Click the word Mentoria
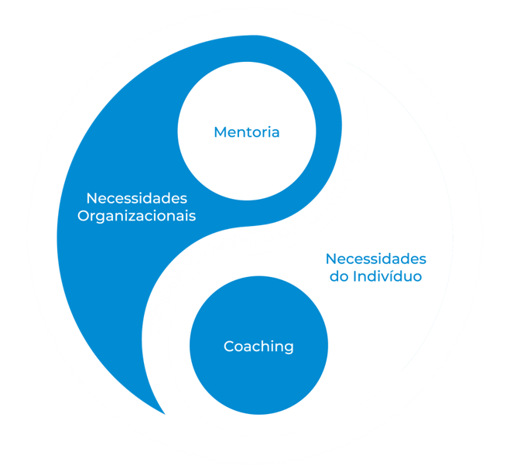click(246, 132)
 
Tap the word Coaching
click(258, 346)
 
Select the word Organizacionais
click(136, 216)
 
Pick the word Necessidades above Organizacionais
click(136, 197)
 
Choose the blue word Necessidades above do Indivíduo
click(375, 258)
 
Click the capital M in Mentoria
click(220, 132)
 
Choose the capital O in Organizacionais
click(83, 216)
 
